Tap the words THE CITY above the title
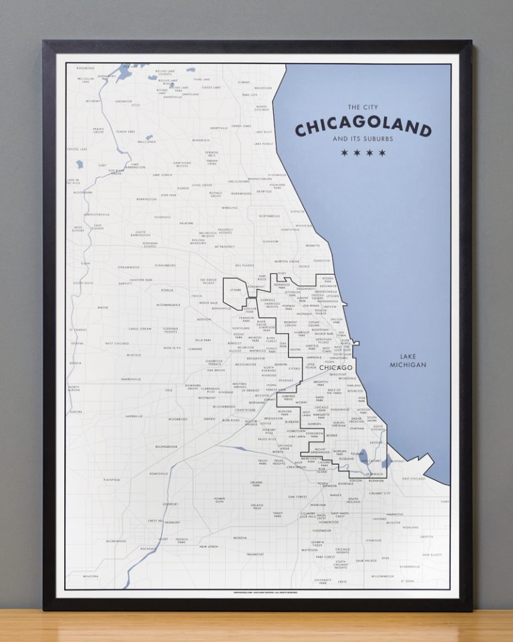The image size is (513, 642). click(x=363, y=107)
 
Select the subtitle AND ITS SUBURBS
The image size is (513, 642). click(x=363, y=140)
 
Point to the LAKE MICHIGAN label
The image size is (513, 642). click(x=409, y=360)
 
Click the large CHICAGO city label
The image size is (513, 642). click(x=335, y=368)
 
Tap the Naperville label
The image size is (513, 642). click(x=134, y=416)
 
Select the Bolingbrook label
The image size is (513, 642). click(x=166, y=446)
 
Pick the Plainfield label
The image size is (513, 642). click(x=111, y=479)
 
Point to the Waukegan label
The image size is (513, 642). click(x=263, y=88)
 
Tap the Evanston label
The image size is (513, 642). click(x=321, y=260)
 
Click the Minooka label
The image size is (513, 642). click(x=90, y=576)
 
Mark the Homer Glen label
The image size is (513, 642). click(x=219, y=500)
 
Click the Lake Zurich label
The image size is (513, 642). click(x=162, y=175)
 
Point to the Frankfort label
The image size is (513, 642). click(x=255, y=554)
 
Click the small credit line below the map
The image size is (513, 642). click(x=256, y=593)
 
